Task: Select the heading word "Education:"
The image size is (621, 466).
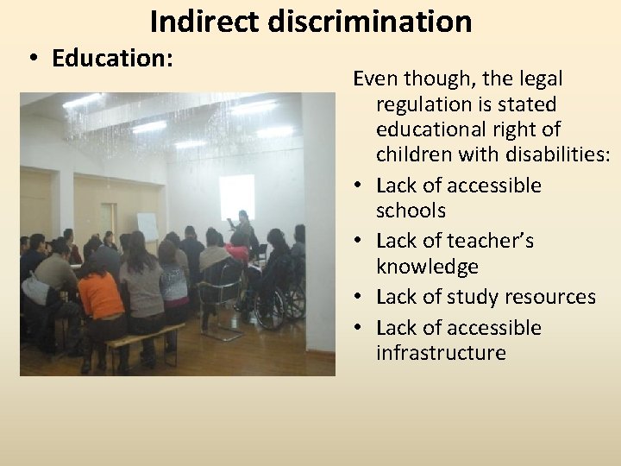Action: point(113,59)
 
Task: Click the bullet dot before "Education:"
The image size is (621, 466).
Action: point(32,60)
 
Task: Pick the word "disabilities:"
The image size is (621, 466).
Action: point(549,154)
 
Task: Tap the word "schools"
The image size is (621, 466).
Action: point(411,211)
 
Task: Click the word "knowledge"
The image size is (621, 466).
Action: point(427,267)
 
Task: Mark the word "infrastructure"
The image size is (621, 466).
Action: point(441,353)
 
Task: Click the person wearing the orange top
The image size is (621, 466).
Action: point(100,293)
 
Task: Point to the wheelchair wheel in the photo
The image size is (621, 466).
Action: point(294,302)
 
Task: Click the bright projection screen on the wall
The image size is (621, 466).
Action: point(236,196)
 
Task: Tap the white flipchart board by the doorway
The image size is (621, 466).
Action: point(147,226)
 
